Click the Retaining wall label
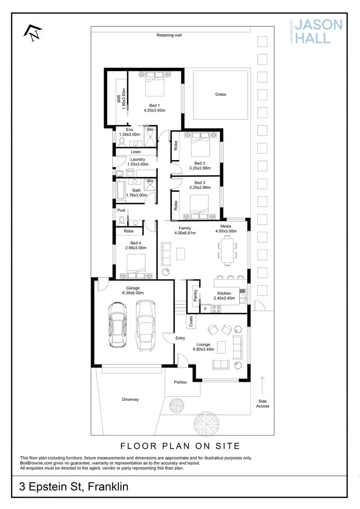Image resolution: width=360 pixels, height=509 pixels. point(169,35)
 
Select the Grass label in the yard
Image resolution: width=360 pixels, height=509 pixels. point(220,95)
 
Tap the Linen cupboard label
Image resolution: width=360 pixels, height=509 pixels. point(136,152)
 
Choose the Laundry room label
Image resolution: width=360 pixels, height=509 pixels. point(137,160)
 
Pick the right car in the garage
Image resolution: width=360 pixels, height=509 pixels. point(145,325)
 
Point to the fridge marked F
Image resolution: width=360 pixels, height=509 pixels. point(205,309)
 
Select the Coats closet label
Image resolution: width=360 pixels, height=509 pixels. point(191,322)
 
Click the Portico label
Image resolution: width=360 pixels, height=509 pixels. point(180,382)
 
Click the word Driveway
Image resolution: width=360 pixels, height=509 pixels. point(130,399)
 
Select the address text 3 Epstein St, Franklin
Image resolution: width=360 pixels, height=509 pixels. point(74,487)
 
